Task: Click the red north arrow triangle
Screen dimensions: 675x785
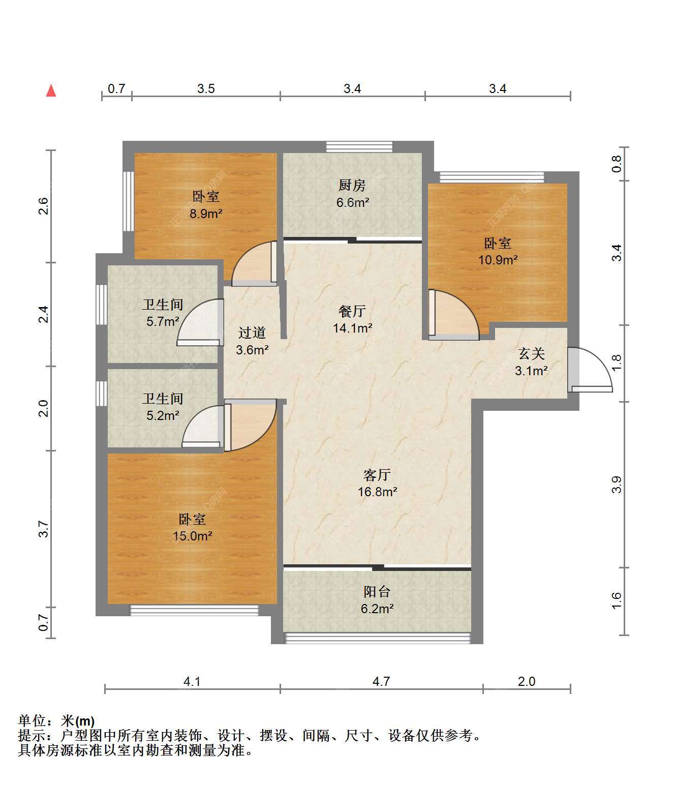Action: pos(51,91)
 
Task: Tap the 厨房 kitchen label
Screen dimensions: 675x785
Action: pos(352,186)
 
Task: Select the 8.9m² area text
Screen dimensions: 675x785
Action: pos(206,214)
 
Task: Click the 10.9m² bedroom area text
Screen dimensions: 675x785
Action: pos(498,260)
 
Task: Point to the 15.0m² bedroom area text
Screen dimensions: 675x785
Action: pos(193,536)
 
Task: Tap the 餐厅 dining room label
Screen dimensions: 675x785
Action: pos(352,311)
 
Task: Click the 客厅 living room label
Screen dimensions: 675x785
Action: pos(377,475)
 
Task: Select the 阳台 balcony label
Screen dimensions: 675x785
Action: pos(377,591)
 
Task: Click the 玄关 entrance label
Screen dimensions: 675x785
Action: pos(532,353)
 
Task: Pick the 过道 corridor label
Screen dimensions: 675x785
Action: pos(252,333)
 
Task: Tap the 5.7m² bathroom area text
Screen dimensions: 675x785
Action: pos(163,322)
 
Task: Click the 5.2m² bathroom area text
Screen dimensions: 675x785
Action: pos(163,415)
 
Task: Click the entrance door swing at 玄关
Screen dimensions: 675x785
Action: pos(590,370)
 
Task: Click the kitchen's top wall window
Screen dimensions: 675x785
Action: pos(359,146)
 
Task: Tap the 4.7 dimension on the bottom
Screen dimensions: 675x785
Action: pos(381,682)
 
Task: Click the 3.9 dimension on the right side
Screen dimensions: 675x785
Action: pos(617,485)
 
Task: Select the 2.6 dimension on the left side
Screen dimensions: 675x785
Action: pos(44,206)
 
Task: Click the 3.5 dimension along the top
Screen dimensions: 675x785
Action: pos(206,88)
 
